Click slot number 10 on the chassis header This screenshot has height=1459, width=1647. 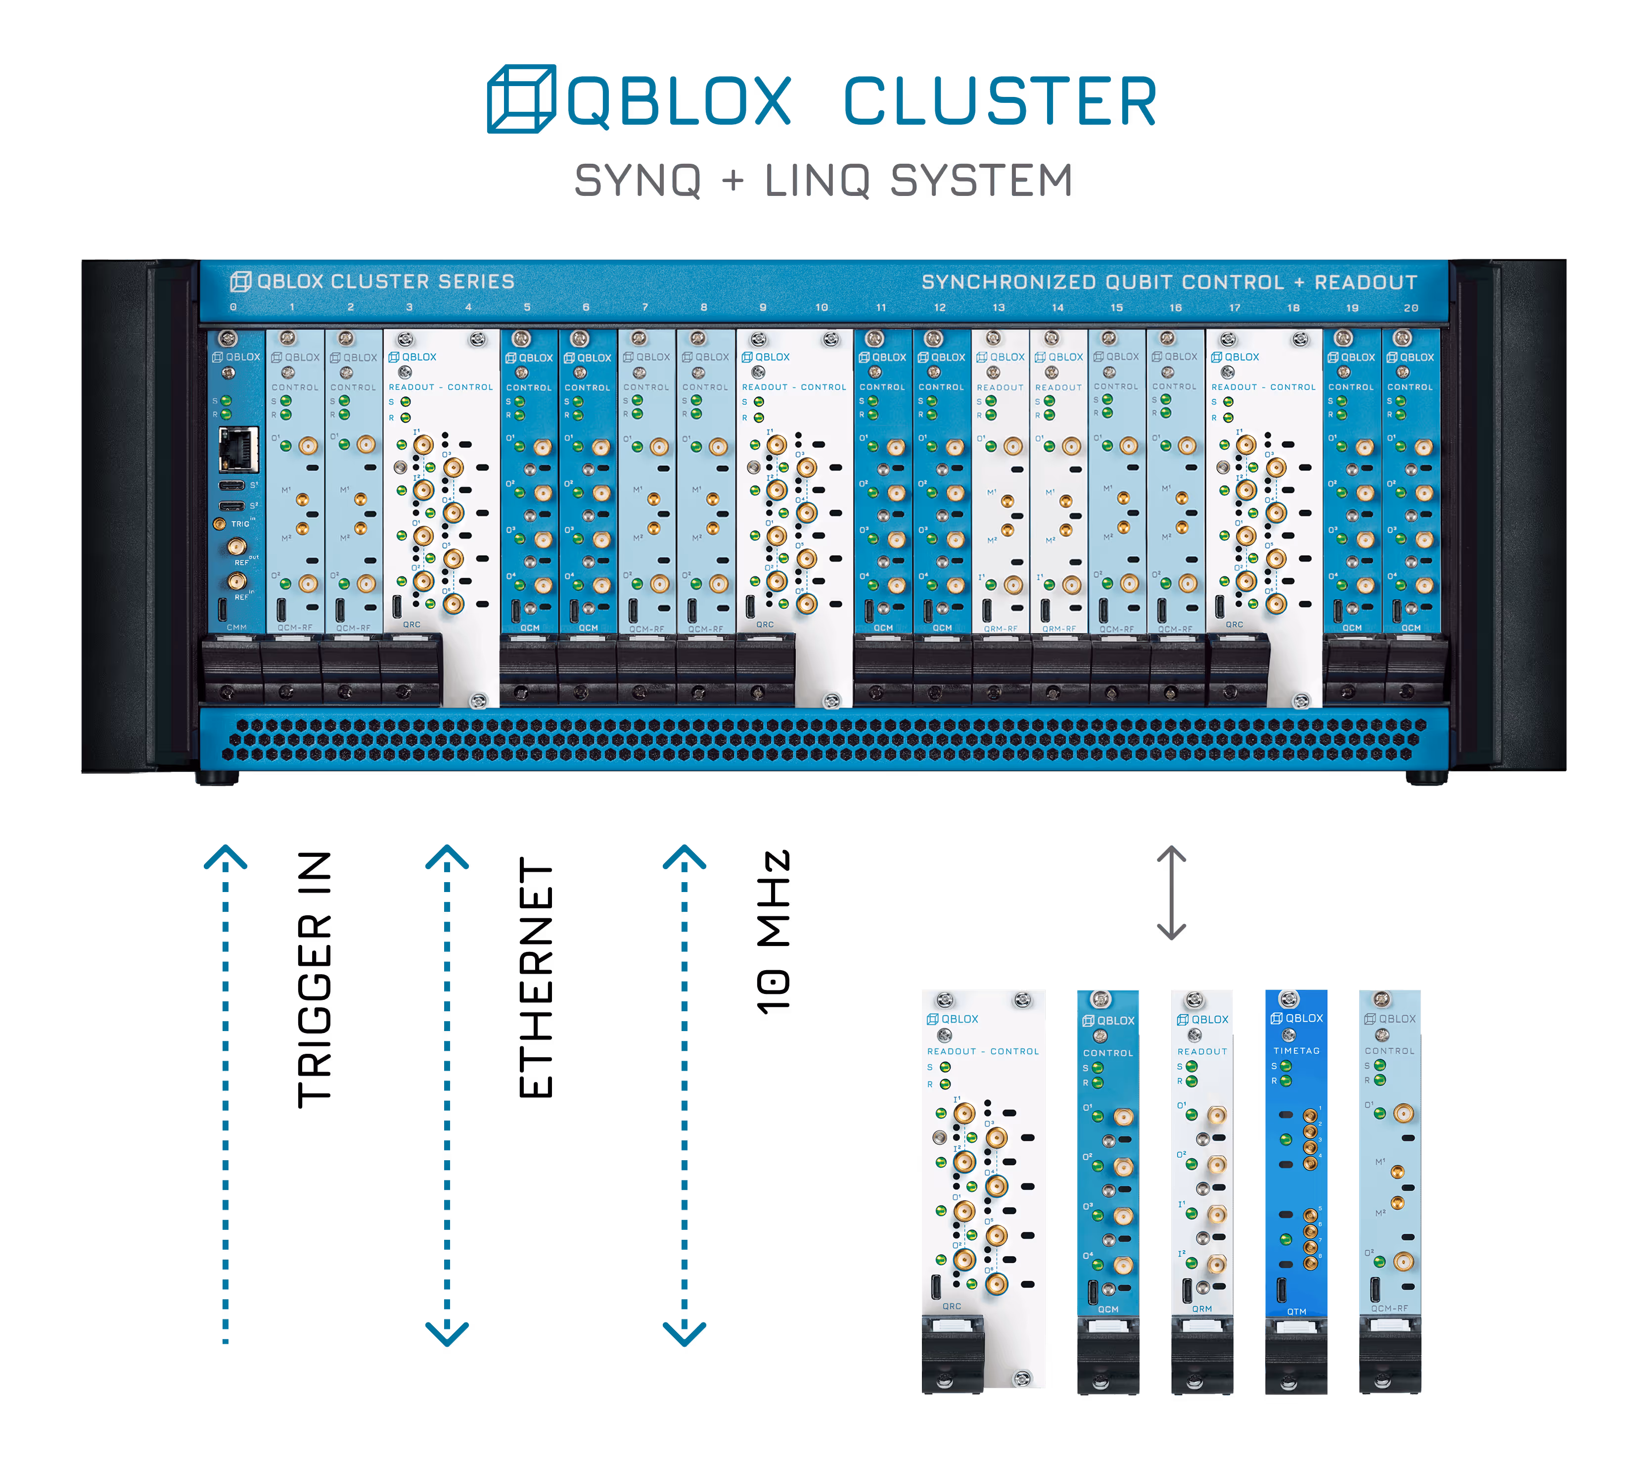(x=821, y=307)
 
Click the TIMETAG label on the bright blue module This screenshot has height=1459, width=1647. (x=1296, y=1050)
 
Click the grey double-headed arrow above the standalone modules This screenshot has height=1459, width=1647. (x=1171, y=893)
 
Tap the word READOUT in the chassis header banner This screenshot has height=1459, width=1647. (x=1365, y=282)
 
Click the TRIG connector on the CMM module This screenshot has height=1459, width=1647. (x=219, y=524)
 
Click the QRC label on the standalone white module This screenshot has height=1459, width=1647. (x=952, y=1306)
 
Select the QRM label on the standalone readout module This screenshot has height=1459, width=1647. (x=1201, y=1309)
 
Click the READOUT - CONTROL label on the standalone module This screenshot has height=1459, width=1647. (x=982, y=1051)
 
